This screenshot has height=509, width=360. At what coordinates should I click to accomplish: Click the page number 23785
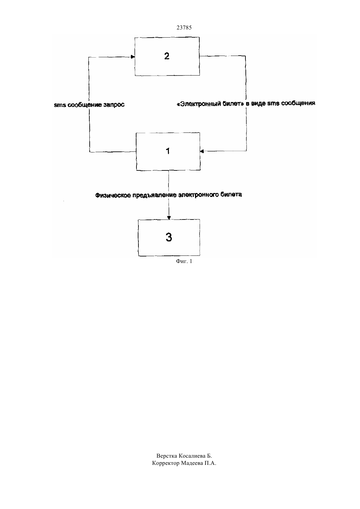tap(184, 27)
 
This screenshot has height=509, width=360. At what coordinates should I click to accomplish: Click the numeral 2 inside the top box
tap(167, 56)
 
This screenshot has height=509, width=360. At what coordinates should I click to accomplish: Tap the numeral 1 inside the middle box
tap(168, 151)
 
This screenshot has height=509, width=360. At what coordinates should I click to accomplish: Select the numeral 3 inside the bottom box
tap(169, 237)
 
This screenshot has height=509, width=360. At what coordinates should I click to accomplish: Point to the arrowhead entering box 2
tap(133, 57)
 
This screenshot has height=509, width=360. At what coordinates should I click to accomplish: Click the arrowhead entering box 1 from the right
tap(202, 151)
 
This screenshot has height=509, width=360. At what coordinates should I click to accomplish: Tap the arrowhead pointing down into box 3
tap(169, 218)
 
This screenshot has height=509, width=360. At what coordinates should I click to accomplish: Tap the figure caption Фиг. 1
tap(184, 261)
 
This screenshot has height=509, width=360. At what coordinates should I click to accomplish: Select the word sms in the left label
tap(60, 105)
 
